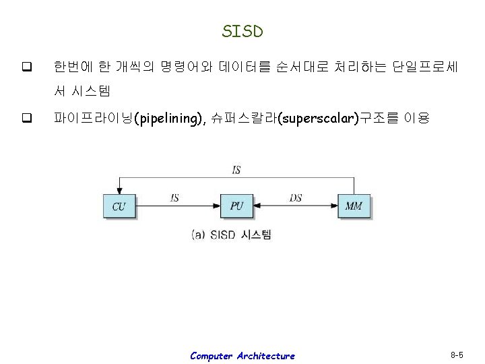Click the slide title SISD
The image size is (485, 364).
[x=243, y=31]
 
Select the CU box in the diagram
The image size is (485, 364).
[x=119, y=206]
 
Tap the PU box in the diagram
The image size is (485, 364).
[x=236, y=206]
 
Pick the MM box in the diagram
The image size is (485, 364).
[x=353, y=206]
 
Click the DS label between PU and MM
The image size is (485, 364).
[x=295, y=198]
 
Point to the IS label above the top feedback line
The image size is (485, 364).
[x=236, y=170]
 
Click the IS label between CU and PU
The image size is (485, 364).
[x=175, y=198]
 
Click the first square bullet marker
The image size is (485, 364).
[x=27, y=67]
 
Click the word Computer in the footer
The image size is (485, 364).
[x=213, y=355]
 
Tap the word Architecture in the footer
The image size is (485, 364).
[x=267, y=355]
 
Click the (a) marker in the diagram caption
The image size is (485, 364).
[x=199, y=235]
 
